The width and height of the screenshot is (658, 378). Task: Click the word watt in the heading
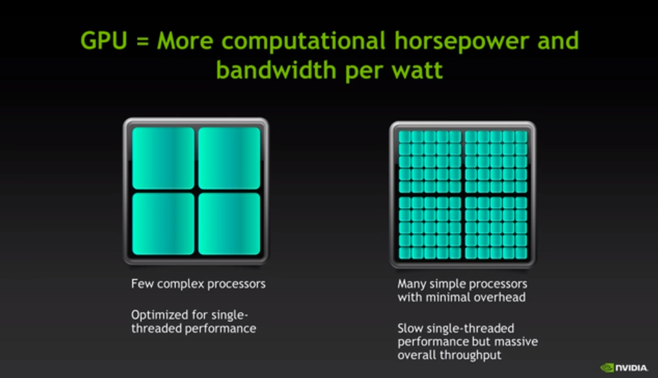coord(417,71)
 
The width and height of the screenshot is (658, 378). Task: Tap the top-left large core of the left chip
coord(163,158)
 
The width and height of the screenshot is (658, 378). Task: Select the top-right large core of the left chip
coord(229,158)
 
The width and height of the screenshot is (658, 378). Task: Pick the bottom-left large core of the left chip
coord(163,224)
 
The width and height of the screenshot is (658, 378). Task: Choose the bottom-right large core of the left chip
coord(229,224)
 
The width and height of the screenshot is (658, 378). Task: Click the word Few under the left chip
coord(142,284)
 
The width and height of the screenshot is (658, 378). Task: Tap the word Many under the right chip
coord(412,285)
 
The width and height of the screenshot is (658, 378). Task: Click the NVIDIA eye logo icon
coord(607,368)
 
